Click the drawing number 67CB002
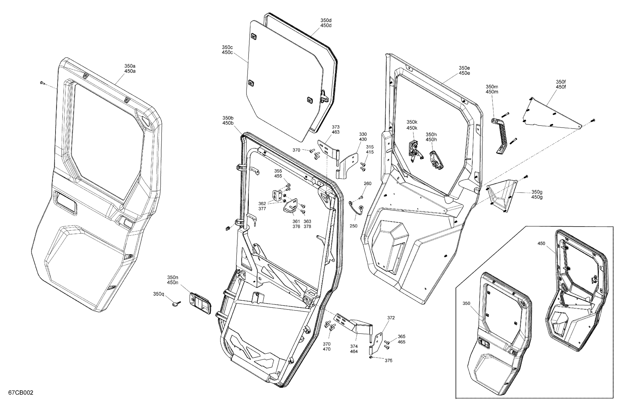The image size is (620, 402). [x=21, y=393]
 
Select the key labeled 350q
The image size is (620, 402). [x=176, y=304]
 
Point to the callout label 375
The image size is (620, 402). [x=388, y=361]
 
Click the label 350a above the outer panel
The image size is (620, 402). [x=130, y=66]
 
